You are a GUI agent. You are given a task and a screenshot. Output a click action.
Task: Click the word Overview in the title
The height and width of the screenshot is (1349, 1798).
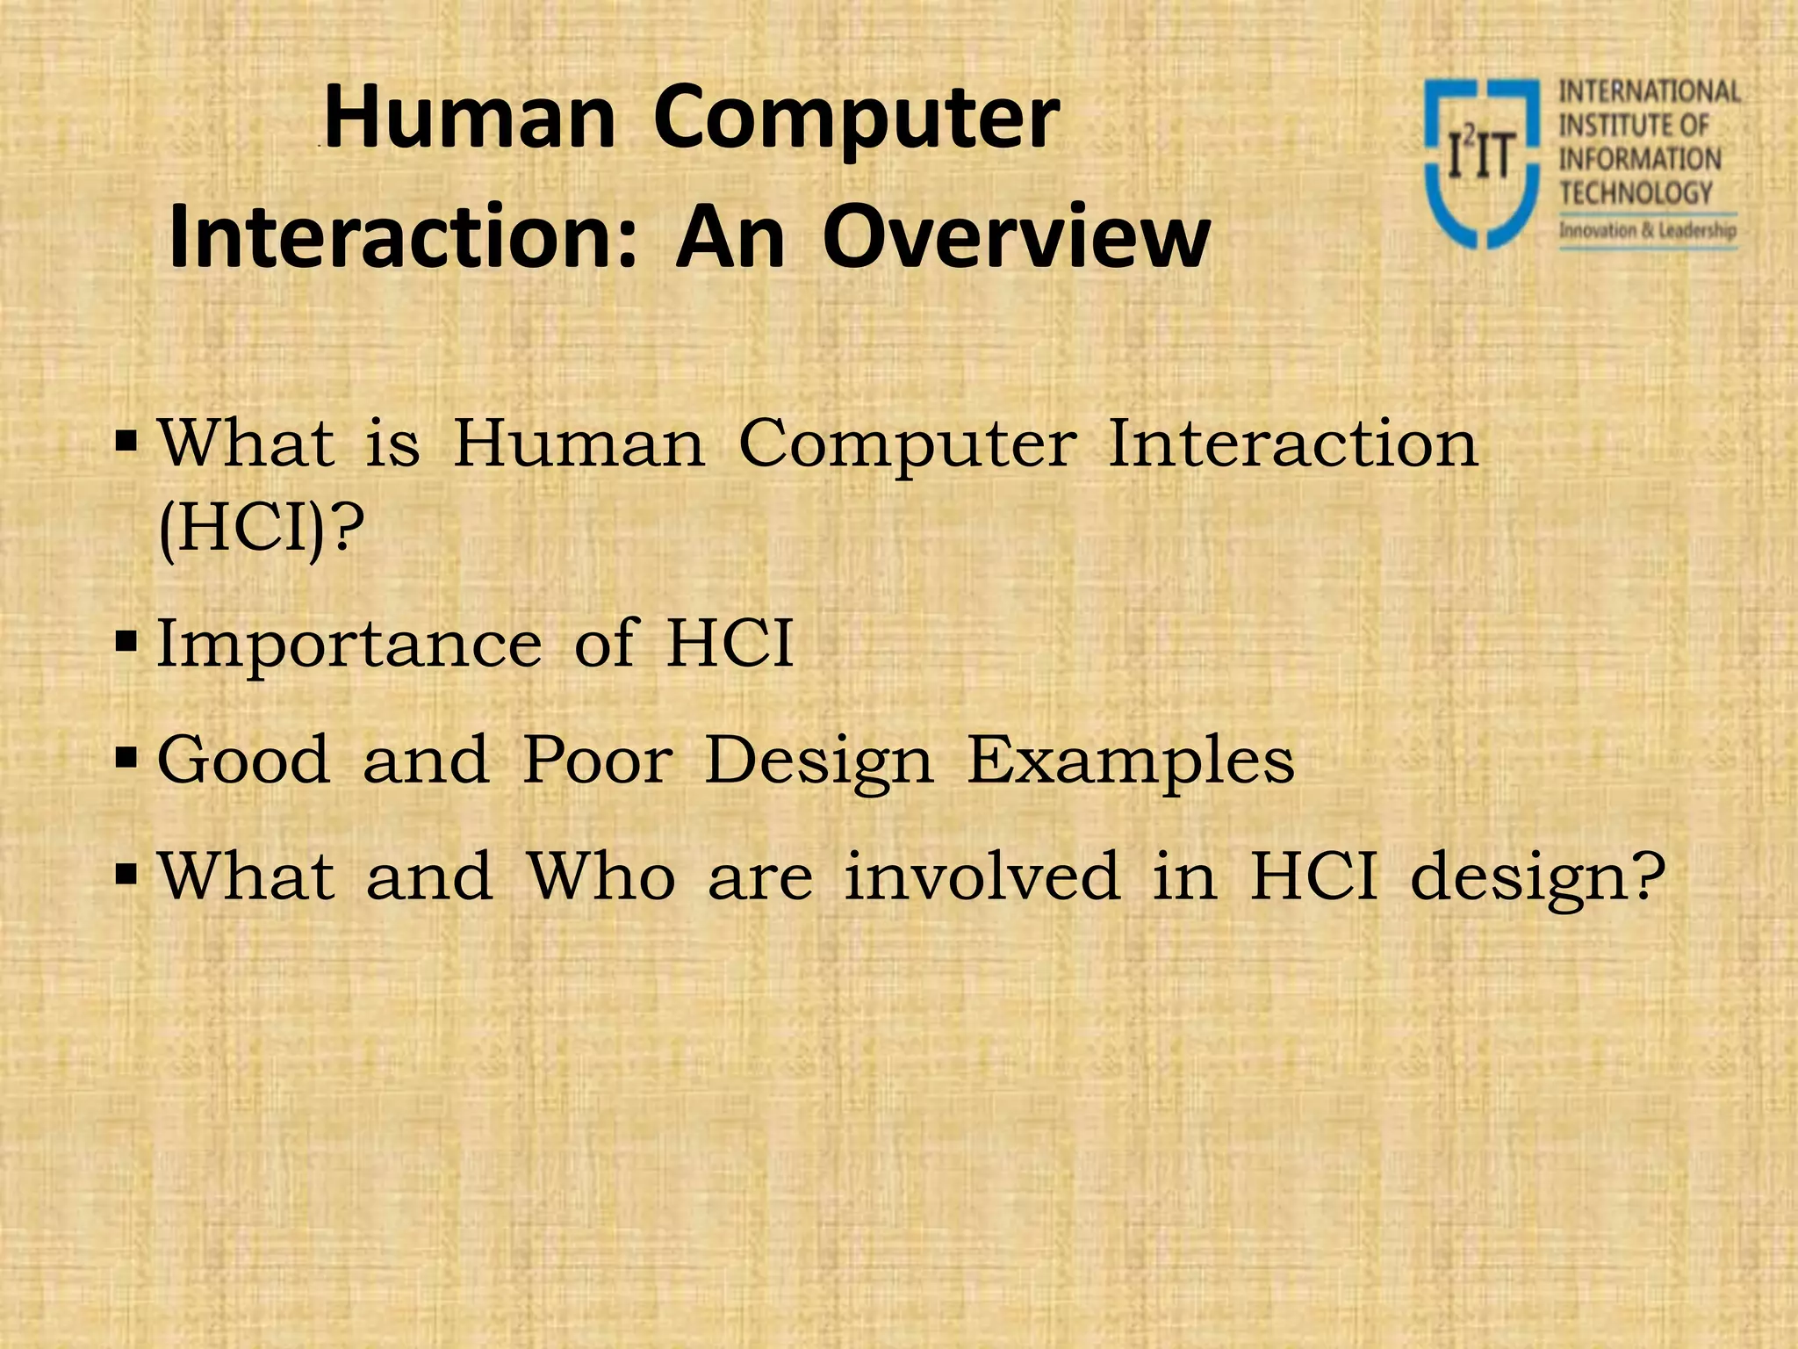[1016, 237]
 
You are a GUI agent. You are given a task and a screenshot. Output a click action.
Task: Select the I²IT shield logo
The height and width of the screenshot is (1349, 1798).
[1481, 163]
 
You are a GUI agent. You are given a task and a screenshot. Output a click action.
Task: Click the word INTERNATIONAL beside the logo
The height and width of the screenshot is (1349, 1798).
[1649, 92]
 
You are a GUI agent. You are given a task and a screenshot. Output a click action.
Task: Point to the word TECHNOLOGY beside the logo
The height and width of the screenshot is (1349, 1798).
[1636, 193]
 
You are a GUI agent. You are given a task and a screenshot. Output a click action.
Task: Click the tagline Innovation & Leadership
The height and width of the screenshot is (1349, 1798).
[1647, 231]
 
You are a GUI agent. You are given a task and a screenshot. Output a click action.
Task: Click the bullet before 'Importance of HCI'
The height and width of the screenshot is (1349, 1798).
[126, 642]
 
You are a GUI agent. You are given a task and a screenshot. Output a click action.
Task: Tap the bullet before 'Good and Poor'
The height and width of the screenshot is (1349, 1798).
[126, 757]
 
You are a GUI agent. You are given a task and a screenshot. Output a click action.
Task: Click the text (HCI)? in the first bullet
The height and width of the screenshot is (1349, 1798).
[261, 530]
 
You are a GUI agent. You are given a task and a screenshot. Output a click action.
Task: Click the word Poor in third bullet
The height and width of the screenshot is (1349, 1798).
[598, 760]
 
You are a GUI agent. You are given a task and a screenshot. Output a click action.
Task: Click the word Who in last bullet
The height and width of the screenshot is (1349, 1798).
[601, 876]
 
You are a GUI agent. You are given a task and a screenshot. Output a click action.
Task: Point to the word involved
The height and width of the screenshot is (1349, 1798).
[982, 876]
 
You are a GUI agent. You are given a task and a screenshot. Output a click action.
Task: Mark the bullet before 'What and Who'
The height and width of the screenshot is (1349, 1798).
[126, 873]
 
